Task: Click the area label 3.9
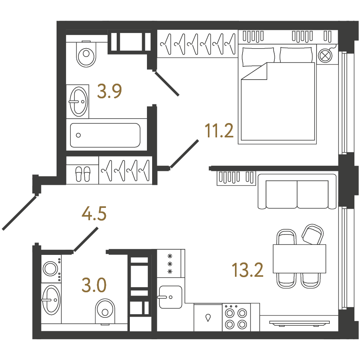point(109,91)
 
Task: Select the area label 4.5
point(94,213)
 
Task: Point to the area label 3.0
point(94,285)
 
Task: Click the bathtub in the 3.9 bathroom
point(105,135)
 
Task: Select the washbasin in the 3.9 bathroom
point(78,102)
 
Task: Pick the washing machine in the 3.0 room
point(51,269)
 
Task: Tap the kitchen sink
point(170,297)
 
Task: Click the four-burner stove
point(236,317)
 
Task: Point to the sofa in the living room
point(297,192)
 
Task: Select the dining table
point(299,259)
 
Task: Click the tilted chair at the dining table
point(313,235)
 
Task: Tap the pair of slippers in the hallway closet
point(83,174)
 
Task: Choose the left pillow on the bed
point(258,57)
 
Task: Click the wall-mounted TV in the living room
point(299,323)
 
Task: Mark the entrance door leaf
point(20,213)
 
